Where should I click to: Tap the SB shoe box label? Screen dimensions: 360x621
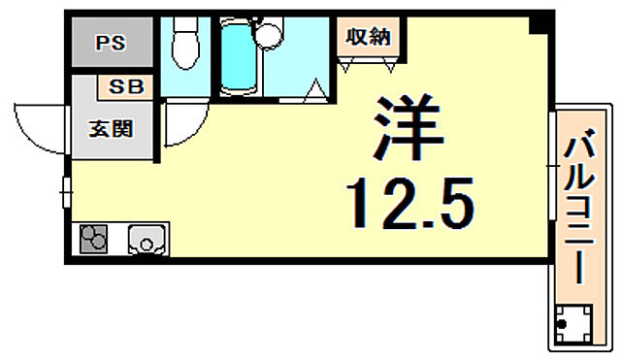125,85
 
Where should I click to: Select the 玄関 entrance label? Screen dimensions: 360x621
111,127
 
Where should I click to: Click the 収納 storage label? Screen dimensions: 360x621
369,37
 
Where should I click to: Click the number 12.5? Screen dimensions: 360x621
410,203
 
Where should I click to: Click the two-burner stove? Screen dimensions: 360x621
95,240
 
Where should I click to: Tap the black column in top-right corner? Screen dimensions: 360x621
536,23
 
